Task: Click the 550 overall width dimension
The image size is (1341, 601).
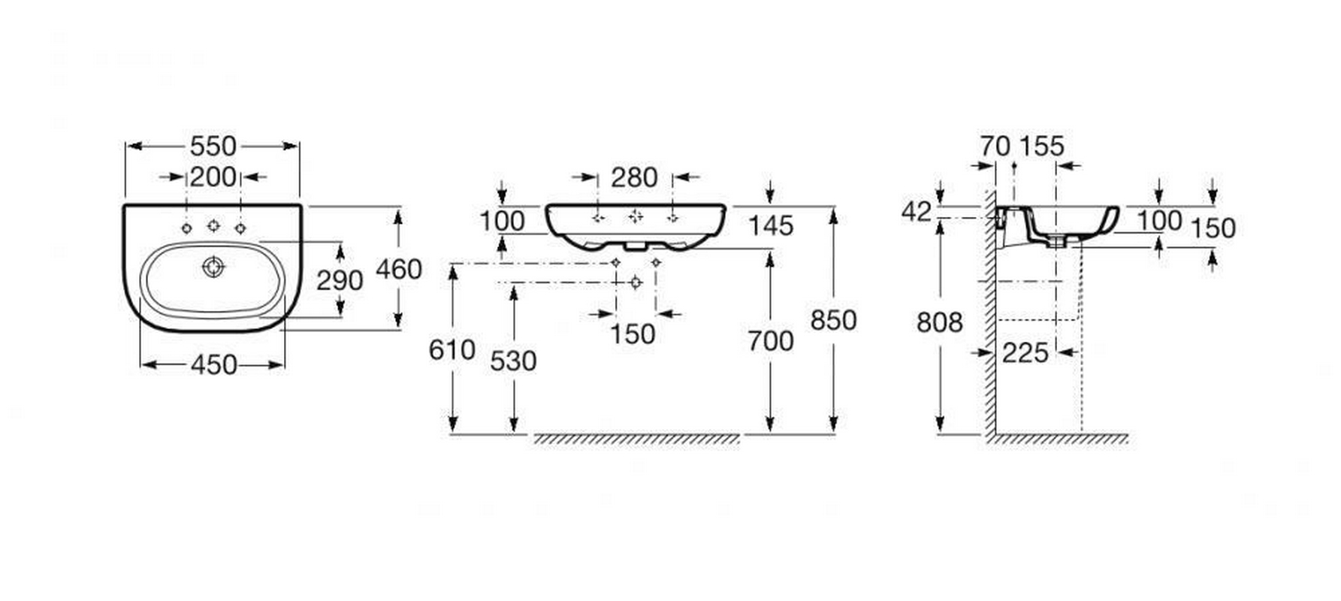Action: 213,146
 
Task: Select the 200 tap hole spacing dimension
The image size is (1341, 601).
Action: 213,177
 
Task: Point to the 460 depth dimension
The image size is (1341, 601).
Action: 398,268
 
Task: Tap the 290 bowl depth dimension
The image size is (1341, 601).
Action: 340,280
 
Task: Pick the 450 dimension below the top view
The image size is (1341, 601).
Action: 213,365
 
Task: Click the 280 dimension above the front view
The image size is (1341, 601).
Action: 634,177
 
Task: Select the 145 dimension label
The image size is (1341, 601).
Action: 771,225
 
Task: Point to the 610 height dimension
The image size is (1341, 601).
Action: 452,349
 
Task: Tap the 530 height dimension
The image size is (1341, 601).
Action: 513,361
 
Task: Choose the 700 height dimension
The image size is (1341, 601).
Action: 771,341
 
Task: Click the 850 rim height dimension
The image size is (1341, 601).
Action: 833,321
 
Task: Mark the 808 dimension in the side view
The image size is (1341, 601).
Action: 939,322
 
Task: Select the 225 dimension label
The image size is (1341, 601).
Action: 1025,352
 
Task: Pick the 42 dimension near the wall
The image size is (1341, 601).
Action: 917,213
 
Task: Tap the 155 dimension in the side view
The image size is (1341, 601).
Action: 1042,146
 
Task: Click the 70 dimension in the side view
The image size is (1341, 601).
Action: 995,146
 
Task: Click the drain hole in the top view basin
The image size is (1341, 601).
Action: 213,267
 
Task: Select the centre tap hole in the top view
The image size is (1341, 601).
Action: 213,225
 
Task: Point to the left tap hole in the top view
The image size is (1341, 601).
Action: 186,228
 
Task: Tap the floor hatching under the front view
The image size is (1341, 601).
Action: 636,439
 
